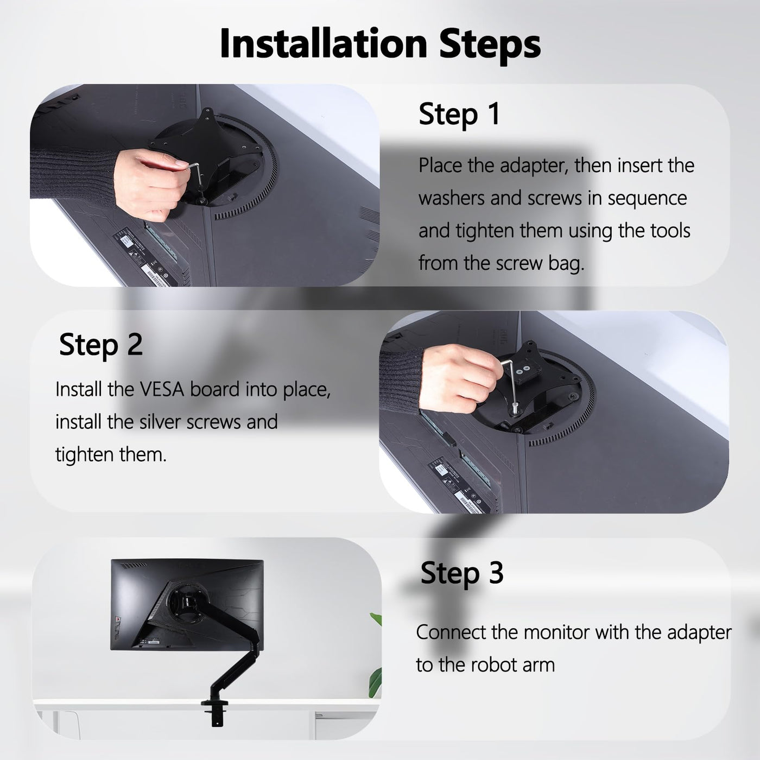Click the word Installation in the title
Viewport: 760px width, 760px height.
tap(324, 43)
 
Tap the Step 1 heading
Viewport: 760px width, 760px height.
tap(459, 115)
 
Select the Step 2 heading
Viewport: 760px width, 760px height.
tap(100, 345)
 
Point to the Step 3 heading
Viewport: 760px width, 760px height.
tap(462, 573)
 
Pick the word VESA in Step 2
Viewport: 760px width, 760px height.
tap(162, 390)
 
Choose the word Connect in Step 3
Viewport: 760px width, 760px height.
tap(451, 632)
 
